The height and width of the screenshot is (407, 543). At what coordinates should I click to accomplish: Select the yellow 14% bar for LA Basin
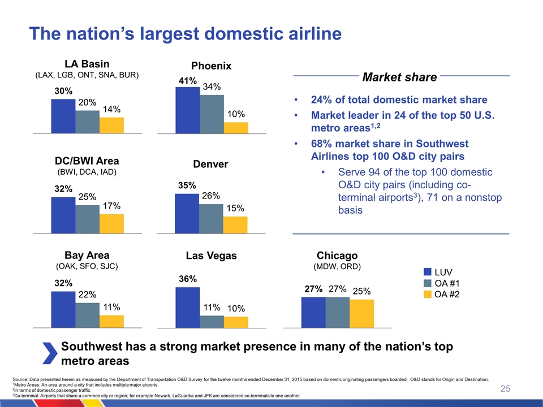coord(111,125)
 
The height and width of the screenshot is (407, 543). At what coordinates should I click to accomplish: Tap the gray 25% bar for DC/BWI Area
coord(87,219)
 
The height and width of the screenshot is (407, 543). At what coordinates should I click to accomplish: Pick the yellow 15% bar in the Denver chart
coord(235,224)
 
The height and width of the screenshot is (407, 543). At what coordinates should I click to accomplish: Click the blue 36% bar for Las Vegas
coord(187,307)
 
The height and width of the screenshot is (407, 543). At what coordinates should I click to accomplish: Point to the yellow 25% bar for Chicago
coord(361,313)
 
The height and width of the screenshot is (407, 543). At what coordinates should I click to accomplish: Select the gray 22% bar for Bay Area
coord(87,315)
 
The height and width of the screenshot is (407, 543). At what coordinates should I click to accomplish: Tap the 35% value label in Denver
coord(187,185)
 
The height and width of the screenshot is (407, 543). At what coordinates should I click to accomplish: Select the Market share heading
coord(399,77)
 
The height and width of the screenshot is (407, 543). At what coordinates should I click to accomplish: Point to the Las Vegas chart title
coord(212,256)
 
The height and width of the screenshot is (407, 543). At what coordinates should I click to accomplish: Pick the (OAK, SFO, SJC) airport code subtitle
coord(87,266)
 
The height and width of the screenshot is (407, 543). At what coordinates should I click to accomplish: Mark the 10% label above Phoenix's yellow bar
coord(236,114)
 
